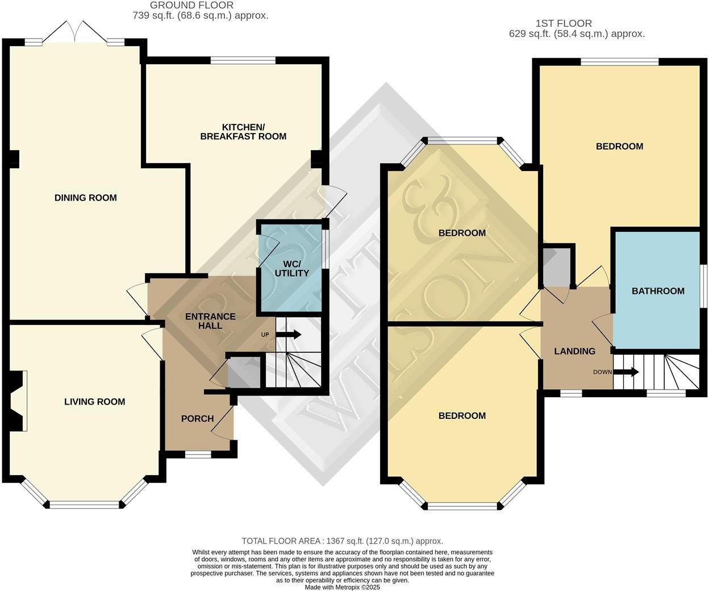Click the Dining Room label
click(x=86, y=198)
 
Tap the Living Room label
click(x=95, y=401)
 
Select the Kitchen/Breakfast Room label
click(x=243, y=132)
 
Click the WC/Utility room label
click(x=291, y=269)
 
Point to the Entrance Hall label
click(x=210, y=321)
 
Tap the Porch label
click(x=197, y=418)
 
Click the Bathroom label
click(x=658, y=291)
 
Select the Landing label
click(x=574, y=351)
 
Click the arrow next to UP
click(x=288, y=335)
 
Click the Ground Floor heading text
click(x=191, y=6)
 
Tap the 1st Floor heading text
click(x=564, y=23)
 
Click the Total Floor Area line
click(x=342, y=541)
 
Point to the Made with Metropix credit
click(x=342, y=587)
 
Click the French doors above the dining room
click(x=75, y=32)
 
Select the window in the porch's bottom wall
click(x=198, y=455)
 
